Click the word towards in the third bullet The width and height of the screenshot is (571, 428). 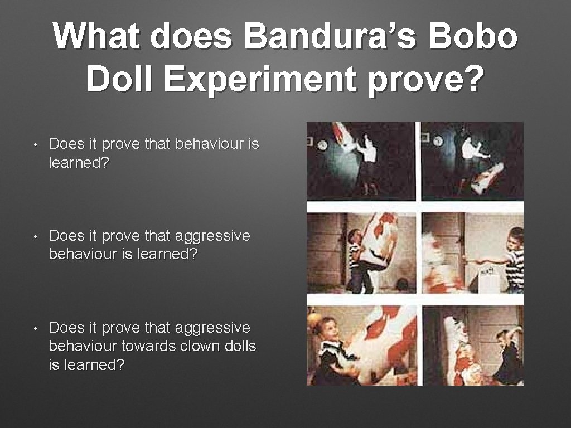[149, 346]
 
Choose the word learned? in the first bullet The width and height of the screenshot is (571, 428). [79, 163]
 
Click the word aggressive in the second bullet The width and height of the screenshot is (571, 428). [212, 236]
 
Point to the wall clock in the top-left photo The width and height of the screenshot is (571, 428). [322, 145]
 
